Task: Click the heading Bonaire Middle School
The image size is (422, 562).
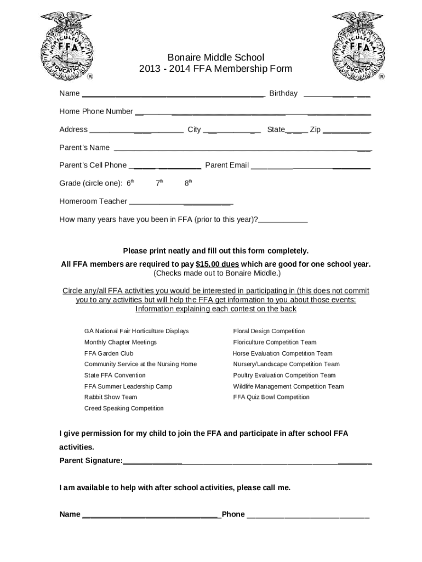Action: [x=215, y=57]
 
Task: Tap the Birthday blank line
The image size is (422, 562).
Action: [x=337, y=95]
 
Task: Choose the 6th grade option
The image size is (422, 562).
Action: [x=130, y=183]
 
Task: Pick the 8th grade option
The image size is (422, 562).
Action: [x=188, y=183]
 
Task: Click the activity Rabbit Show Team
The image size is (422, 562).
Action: [x=111, y=397]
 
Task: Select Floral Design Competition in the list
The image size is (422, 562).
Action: [x=269, y=331]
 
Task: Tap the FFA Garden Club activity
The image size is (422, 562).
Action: [x=109, y=353]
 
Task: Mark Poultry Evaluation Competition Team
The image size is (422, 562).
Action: [x=284, y=375]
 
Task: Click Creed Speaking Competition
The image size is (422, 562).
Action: [x=124, y=408]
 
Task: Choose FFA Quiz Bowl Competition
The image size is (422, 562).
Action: [x=271, y=397]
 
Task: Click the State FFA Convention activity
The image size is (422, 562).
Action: [x=115, y=375]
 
